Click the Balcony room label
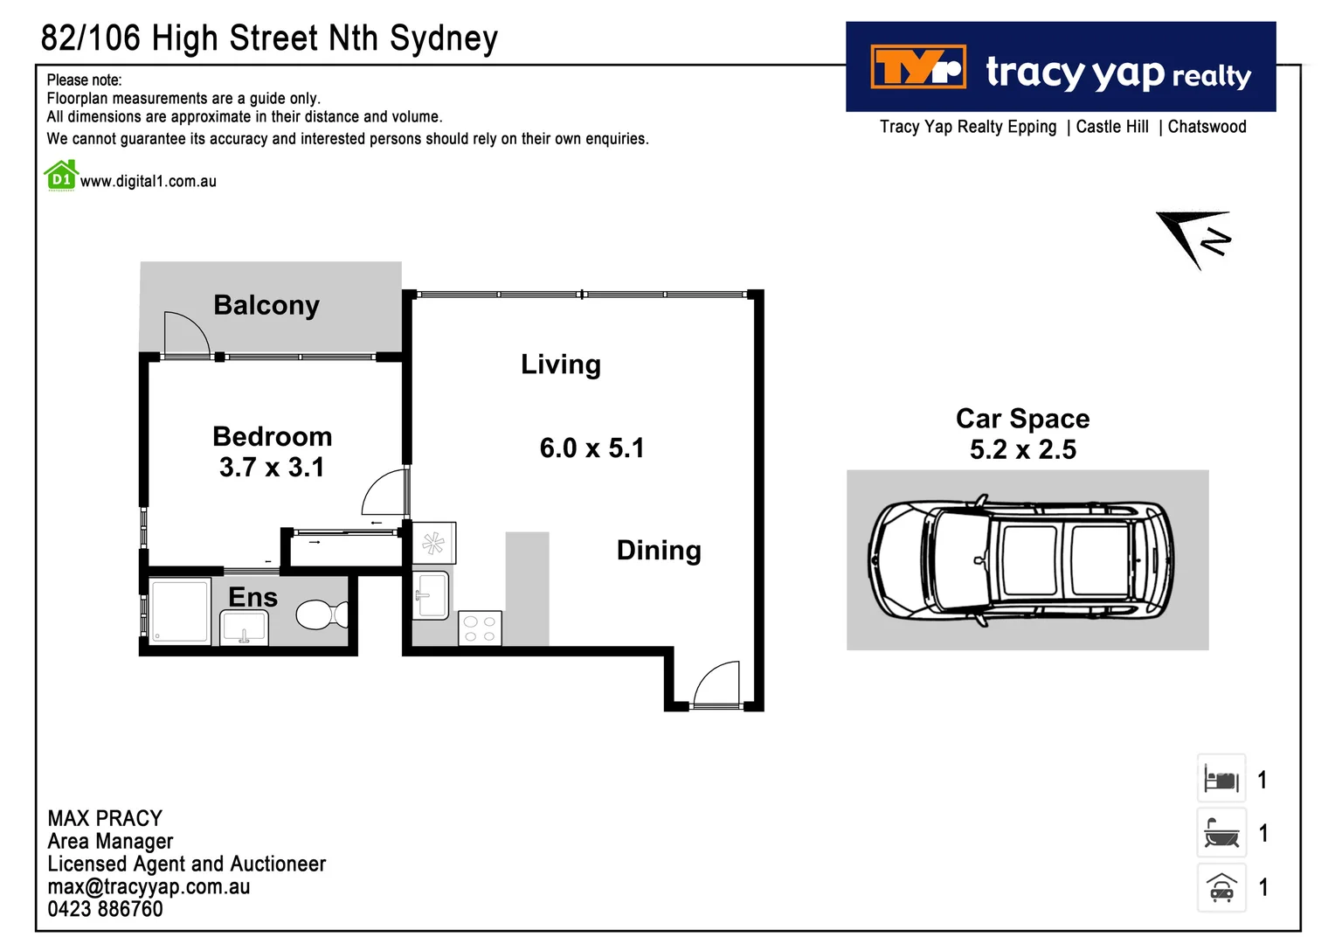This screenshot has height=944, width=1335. click(x=266, y=305)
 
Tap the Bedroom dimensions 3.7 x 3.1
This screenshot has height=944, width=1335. click(x=272, y=468)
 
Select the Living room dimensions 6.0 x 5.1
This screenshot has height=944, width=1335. click(x=591, y=448)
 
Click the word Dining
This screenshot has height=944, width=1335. click(x=659, y=551)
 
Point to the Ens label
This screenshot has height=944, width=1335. click(x=252, y=597)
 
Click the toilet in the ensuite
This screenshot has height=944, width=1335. click(x=320, y=614)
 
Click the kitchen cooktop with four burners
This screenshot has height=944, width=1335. click(x=480, y=628)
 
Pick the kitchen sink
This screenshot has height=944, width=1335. click(x=432, y=594)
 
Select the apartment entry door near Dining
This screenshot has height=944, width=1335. click(x=716, y=684)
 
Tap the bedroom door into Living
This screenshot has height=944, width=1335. click(x=385, y=493)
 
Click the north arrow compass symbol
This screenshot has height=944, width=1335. click(x=1196, y=237)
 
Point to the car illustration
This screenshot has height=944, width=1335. click(x=1020, y=561)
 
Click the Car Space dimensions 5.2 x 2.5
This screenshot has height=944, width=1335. click(x=1022, y=450)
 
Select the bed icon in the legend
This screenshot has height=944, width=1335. click(x=1221, y=779)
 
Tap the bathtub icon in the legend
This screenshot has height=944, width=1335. click(x=1221, y=833)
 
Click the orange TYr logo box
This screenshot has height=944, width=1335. click(x=918, y=67)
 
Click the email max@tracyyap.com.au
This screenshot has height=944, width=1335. click(x=149, y=886)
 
